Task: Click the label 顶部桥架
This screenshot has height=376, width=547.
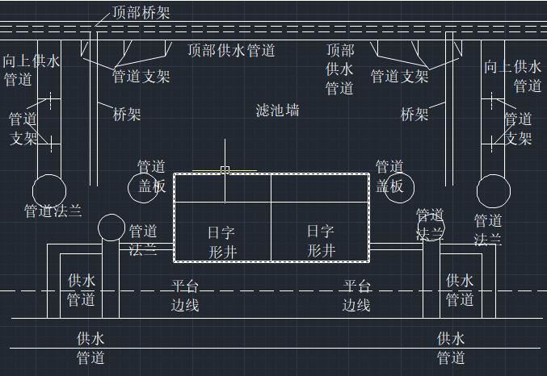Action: click(x=141, y=11)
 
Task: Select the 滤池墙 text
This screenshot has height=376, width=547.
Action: click(x=277, y=110)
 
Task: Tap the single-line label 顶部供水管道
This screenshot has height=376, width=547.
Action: click(x=232, y=50)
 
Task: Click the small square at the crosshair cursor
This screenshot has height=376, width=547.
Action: click(x=225, y=169)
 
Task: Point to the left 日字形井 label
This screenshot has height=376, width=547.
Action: click(x=221, y=241)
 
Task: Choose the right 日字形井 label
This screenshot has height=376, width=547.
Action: click(x=320, y=240)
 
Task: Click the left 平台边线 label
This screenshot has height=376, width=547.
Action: click(x=185, y=295)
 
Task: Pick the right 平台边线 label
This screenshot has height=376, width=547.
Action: click(x=356, y=295)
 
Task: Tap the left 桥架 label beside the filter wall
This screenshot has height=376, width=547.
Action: click(x=127, y=114)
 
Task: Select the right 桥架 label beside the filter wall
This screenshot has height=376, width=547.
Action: click(x=414, y=114)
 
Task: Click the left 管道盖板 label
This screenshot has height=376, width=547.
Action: click(x=151, y=177)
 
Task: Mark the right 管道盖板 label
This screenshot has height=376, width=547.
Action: click(x=389, y=177)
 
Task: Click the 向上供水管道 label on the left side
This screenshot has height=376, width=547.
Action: click(x=30, y=70)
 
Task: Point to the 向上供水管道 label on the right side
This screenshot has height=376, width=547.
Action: click(x=512, y=76)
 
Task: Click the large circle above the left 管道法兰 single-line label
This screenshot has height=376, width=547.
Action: click(x=49, y=190)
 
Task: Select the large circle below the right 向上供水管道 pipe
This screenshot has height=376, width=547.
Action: click(x=493, y=191)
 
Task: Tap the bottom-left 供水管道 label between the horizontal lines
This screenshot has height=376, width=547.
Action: click(x=90, y=348)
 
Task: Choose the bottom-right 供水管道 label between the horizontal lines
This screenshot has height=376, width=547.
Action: click(x=451, y=348)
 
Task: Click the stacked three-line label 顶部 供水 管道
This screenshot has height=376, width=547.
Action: click(x=340, y=69)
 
